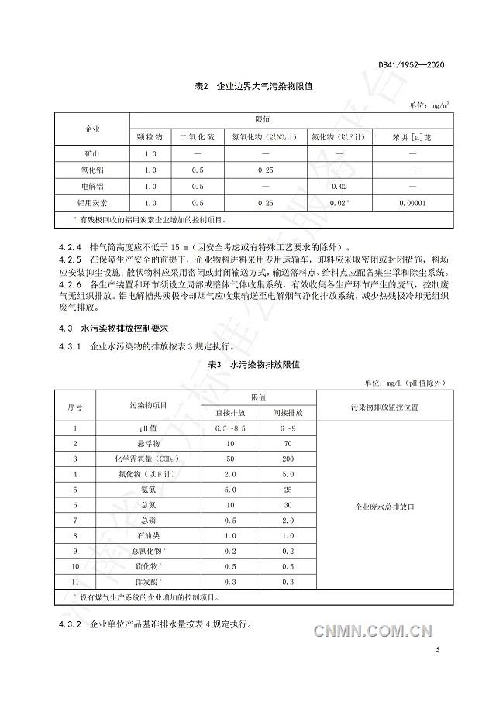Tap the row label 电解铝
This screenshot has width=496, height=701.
(92, 187)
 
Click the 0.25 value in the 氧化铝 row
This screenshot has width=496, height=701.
(267, 170)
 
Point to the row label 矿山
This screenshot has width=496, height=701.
(92, 153)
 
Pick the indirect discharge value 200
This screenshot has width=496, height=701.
(288, 459)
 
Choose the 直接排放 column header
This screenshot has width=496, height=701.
(230, 412)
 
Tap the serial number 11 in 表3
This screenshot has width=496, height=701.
(75, 581)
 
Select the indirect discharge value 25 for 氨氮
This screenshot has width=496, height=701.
(288, 490)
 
